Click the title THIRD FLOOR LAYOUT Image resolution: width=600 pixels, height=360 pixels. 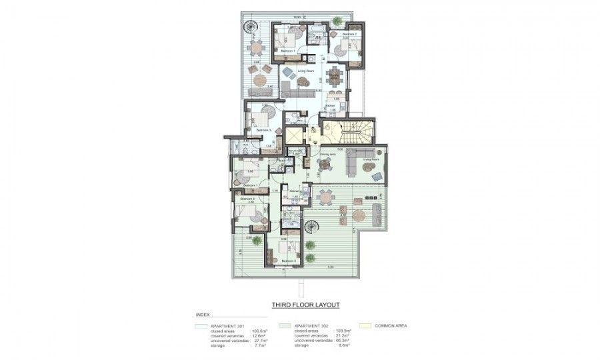coord(305,305)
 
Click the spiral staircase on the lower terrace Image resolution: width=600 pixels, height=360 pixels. coord(311,227)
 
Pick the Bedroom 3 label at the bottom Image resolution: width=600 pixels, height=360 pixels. coord(288,260)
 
